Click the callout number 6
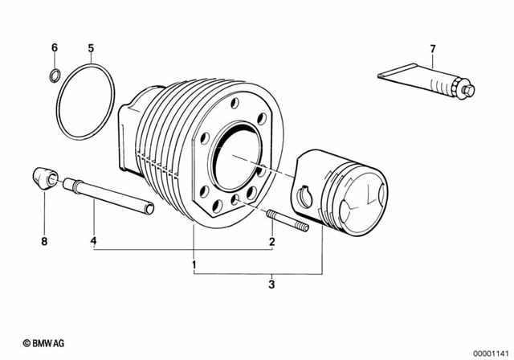55,48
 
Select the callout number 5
92,48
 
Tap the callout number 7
432,50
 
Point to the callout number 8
45,240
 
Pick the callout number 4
94,240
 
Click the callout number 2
272,240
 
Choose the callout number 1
194,264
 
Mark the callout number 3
272,284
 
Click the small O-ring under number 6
55,77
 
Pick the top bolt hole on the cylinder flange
233,104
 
